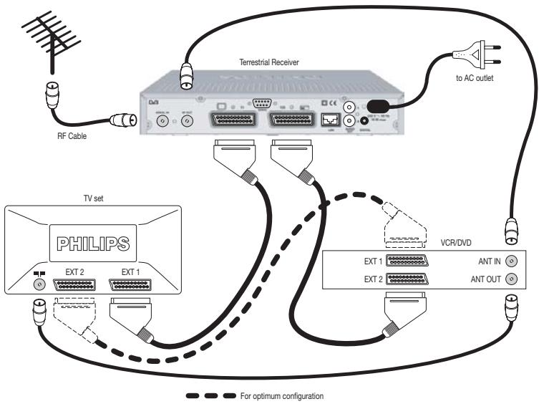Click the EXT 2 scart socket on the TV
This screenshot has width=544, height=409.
click(x=74, y=284)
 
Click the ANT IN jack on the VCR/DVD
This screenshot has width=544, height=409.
click(x=510, y=261)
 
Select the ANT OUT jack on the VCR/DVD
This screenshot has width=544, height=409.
click(x=510, y=279)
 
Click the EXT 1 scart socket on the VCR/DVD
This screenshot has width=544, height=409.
click(x=407, y=261)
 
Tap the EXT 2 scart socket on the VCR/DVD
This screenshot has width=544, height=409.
click(x=407, y=279)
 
